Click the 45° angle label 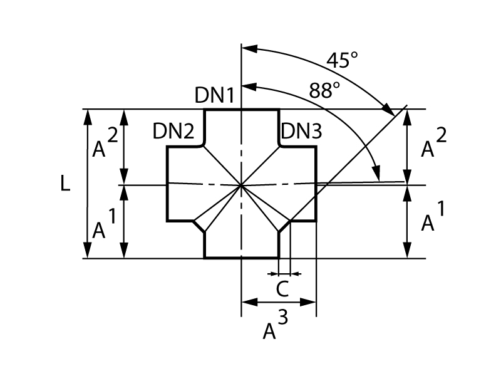pos(342,60)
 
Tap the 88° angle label pos(324,90)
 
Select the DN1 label pos(214,95)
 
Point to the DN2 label pos(174,132)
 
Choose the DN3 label pos(301,132)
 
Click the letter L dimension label pos(66,183)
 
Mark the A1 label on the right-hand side pos(430,219)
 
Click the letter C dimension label pos(283,290)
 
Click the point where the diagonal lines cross pos(242,185)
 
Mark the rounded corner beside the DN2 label pos(200,145)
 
